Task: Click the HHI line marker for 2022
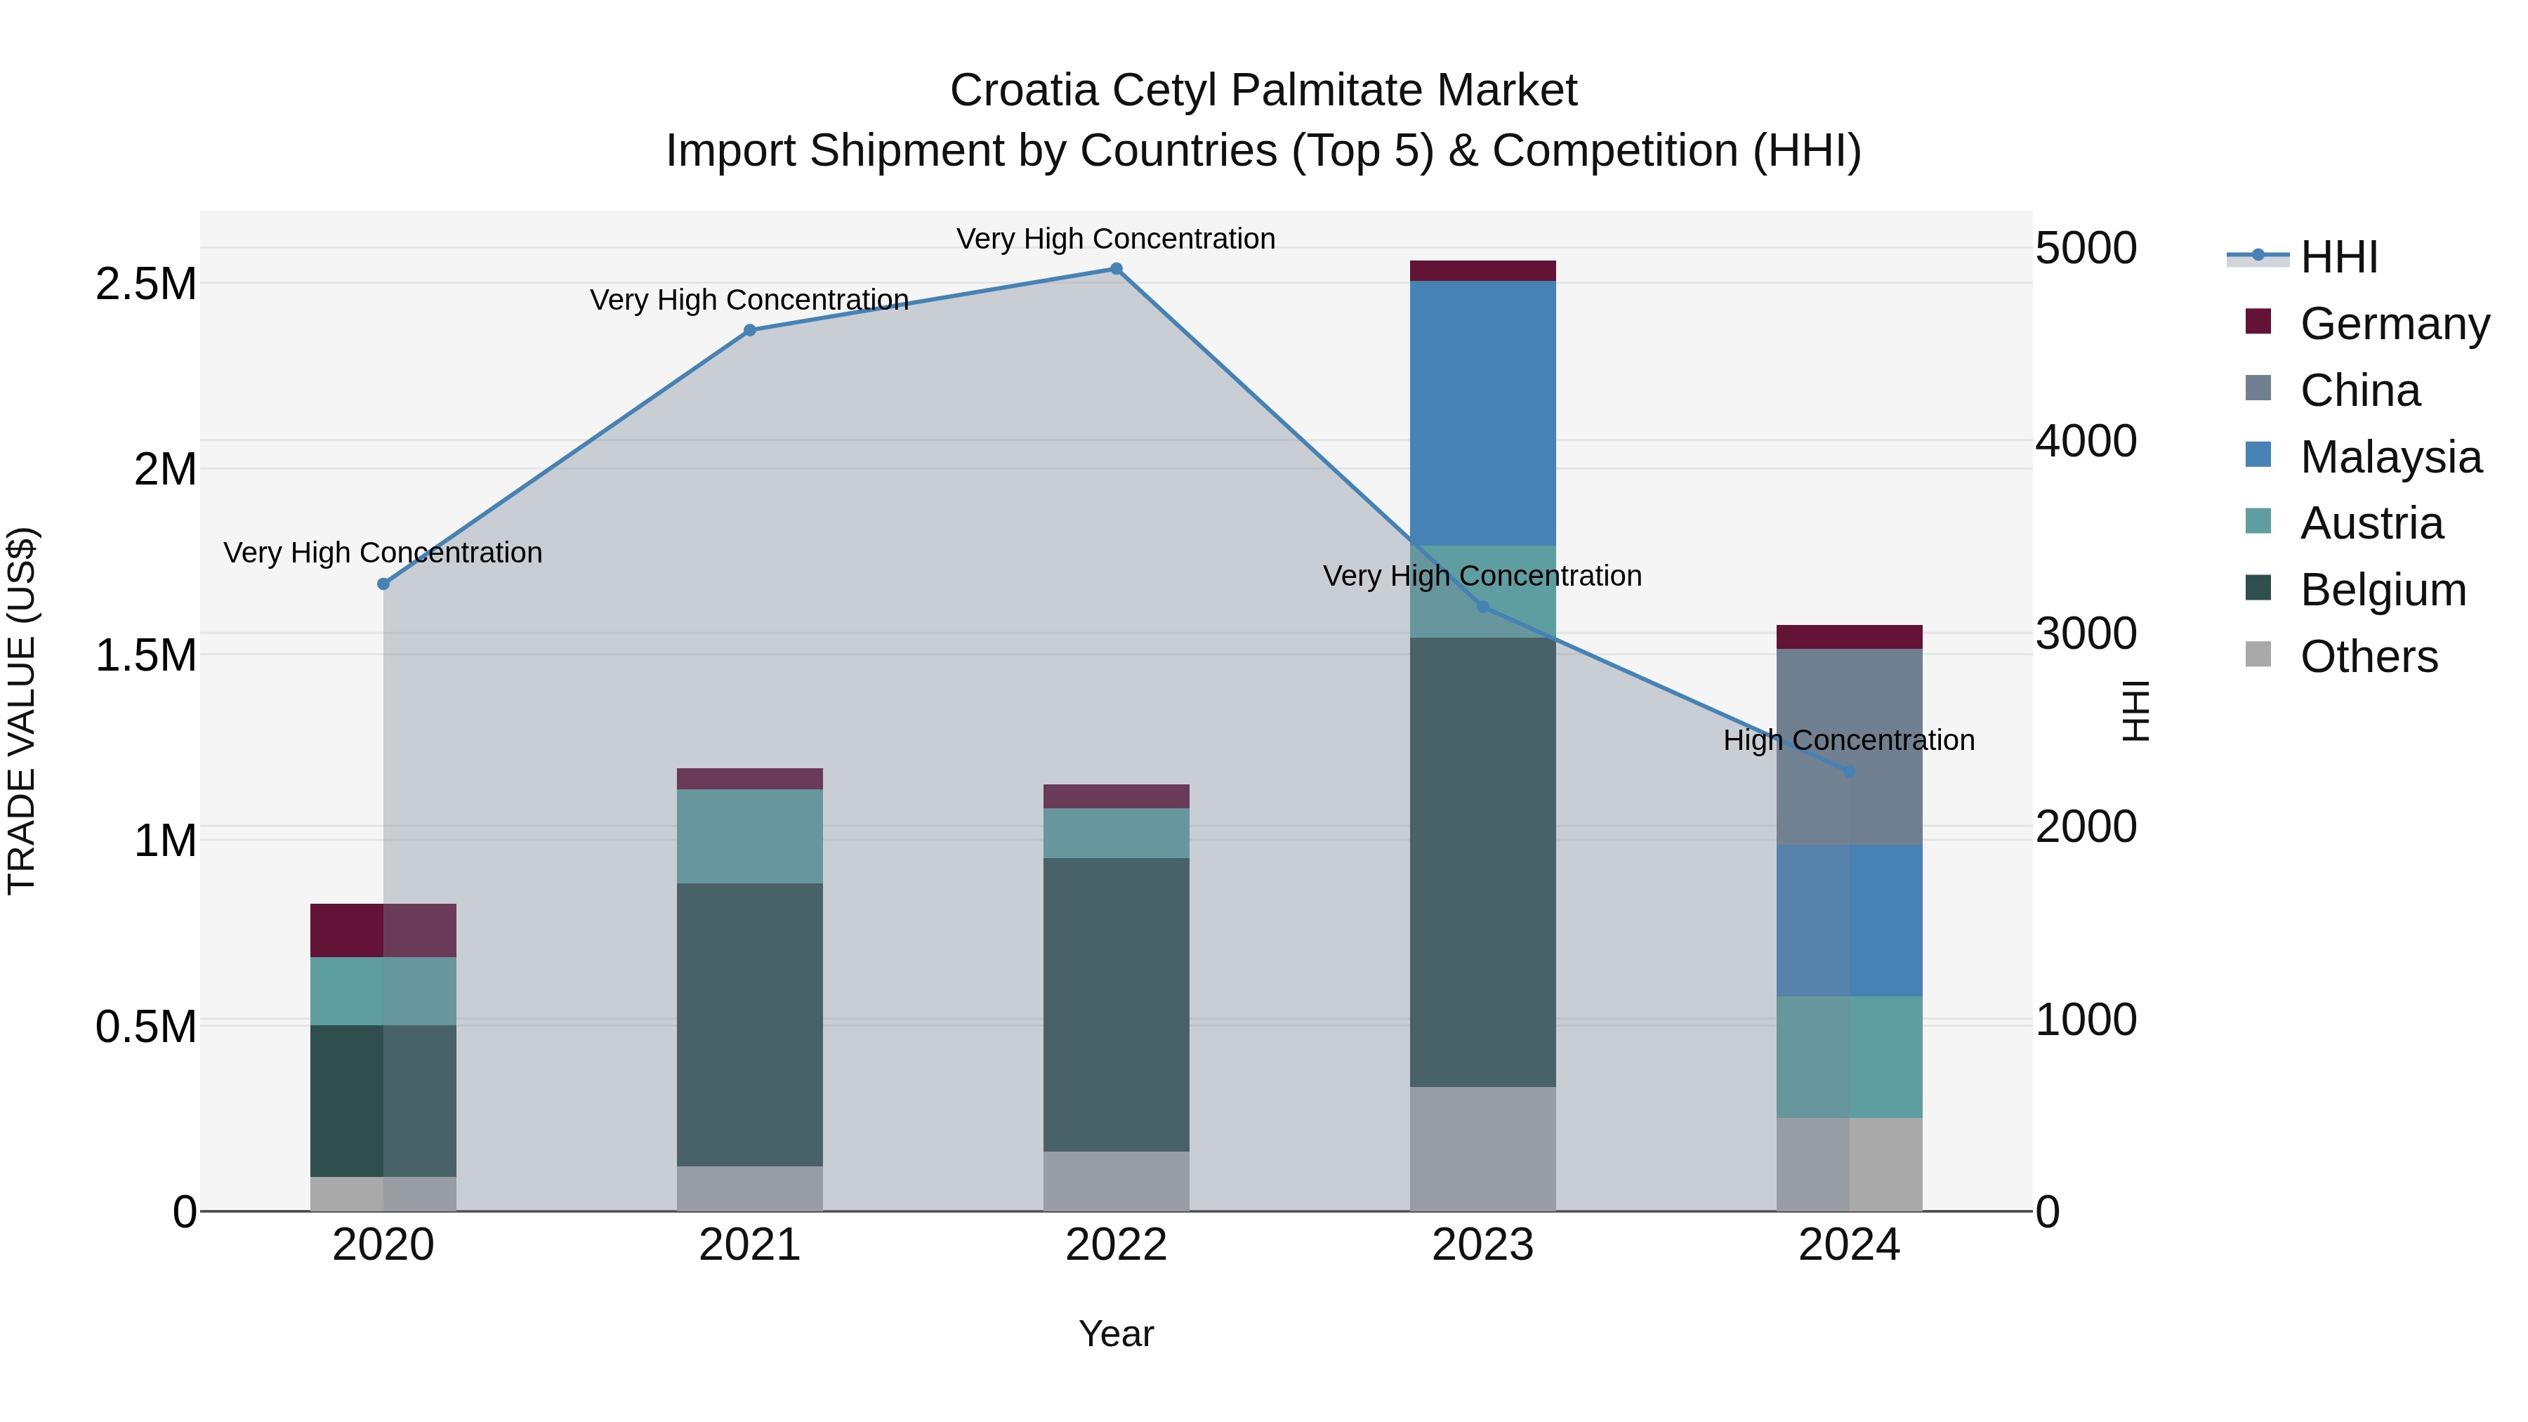[1116, 269]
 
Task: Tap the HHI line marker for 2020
[383, 584]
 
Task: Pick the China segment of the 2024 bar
[1849, 746]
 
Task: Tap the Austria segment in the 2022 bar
[1116, 833]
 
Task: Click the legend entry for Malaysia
[2390, 457]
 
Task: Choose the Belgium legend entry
[2382, 590]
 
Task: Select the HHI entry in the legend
[2338, 257]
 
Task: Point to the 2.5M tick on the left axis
[146, 284]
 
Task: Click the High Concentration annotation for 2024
[1849, 740]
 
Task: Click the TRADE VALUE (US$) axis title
[22, 711]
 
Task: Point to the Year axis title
[1116, 1334]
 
